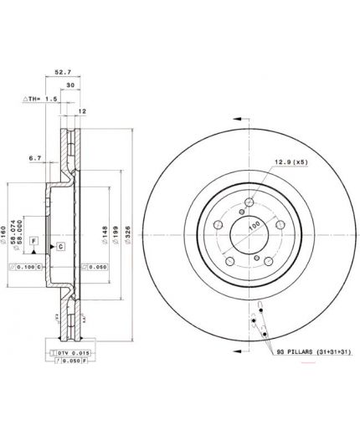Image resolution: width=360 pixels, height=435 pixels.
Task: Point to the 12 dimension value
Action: tap(82, 111)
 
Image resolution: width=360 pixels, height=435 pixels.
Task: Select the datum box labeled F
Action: tap(33, 241)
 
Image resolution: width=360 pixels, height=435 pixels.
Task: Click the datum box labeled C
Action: tap(61, 247)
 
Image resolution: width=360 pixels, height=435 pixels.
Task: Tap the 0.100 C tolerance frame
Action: tap(25, 266)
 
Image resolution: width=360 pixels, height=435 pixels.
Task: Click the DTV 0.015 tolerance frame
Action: tap(70, 352)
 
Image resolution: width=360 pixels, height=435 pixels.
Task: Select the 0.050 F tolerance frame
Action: tap(70, 361)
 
